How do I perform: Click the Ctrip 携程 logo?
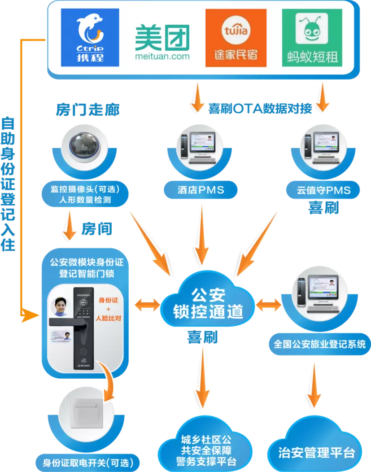click(x=90, y=38)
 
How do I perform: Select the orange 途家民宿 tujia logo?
click(x=236, y=38)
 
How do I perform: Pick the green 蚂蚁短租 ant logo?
click(x=312, y=38)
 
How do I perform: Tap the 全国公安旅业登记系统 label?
click(x=319, y=345)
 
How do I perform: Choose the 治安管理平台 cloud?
click(x=316, y=452)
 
